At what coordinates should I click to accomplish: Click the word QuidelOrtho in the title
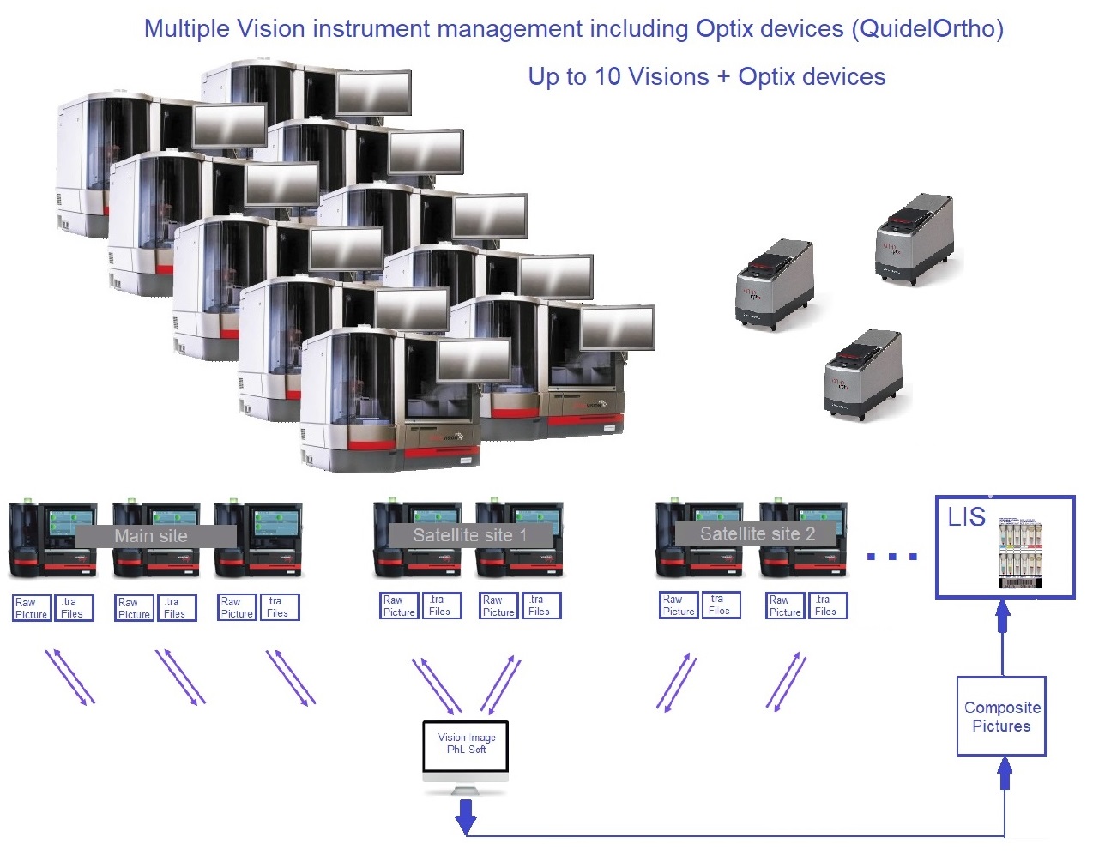click(x=927, y=28)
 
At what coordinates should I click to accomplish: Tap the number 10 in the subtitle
click(x=607, y=77)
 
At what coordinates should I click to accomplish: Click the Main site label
click(x=151, y=536)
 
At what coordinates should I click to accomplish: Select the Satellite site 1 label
click(x=469, y=535)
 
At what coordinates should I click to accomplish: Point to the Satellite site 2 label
click(x=757, y=533)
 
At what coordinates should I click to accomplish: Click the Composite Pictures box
click(x=1001, y=716)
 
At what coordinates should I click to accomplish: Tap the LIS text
click(x=966, y=517)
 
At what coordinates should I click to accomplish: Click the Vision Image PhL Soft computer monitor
click(x=466, y=745)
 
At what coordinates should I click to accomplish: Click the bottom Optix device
click(x=862, y=374)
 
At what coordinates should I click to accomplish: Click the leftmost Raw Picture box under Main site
click(x=31, y=608)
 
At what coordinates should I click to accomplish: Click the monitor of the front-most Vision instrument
click(x=473, y=360)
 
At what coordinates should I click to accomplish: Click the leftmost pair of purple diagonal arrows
click(x=69, y=678)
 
